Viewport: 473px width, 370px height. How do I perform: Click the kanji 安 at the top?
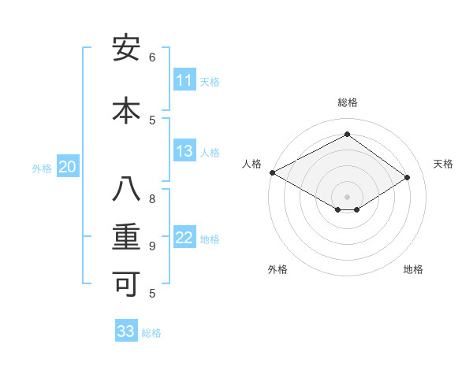(126, 49)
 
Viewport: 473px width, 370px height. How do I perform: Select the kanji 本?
(126, 109)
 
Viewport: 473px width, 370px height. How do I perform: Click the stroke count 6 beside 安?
(152, 57)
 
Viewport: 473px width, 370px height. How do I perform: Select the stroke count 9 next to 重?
(152, 246)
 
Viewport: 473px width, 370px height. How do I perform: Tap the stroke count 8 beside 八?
(152, 198)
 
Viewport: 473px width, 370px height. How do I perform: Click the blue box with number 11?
(184, 80)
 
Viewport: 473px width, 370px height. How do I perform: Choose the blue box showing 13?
(184, 152)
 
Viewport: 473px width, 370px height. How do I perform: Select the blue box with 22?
(184, 239)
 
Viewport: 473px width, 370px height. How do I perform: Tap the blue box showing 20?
(68, 167)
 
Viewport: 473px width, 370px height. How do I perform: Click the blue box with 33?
(126, 331)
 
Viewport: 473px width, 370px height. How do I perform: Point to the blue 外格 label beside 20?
(42, 168)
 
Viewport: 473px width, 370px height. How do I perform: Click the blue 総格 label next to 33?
(152, 333)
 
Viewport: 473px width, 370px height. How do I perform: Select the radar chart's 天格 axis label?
(444, 164)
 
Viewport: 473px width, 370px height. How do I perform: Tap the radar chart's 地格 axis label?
(413, 269)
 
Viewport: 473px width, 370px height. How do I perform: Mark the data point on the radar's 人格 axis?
(272, 172)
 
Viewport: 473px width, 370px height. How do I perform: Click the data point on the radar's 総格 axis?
(347, 135)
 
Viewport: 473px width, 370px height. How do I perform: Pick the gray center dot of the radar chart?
(347, 195)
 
